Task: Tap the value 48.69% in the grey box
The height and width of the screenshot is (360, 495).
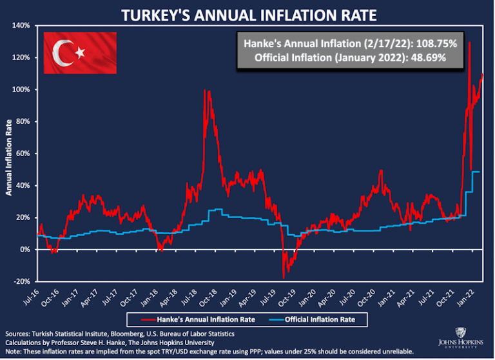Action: (422, 57)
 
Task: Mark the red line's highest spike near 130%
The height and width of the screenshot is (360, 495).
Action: (469, 43)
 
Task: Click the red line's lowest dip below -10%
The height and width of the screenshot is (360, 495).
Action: (284, 277)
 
